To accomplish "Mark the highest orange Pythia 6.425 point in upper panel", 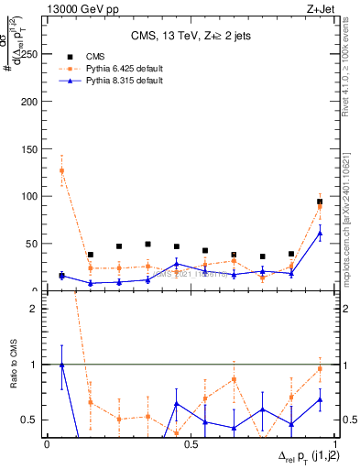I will (61, 170).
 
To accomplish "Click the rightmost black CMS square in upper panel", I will (320, 202).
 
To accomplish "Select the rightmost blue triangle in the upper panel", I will (320, 233).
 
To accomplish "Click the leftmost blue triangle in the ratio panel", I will (61, 365).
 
